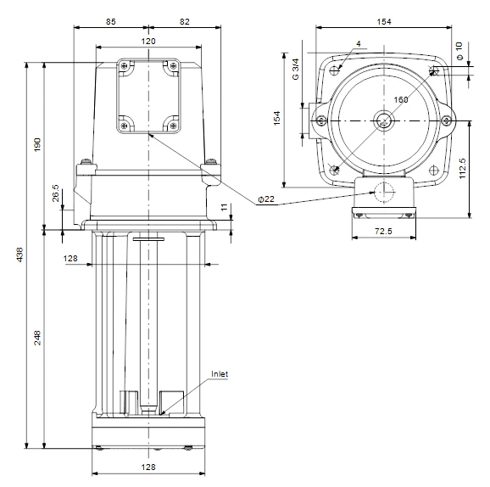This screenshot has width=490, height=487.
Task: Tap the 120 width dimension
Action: [148, 41]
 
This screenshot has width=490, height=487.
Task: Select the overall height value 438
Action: [19, 255]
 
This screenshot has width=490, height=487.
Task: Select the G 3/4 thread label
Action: [295, 69]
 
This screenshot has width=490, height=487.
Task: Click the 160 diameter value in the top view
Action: [401, 100]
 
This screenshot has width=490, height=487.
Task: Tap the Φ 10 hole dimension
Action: [459, 51]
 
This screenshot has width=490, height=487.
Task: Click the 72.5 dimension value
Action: [382, 231]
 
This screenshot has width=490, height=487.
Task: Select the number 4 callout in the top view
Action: [359, 42]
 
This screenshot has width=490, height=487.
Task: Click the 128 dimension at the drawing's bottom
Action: [148, 467]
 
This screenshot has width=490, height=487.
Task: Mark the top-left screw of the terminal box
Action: [125, 65]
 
